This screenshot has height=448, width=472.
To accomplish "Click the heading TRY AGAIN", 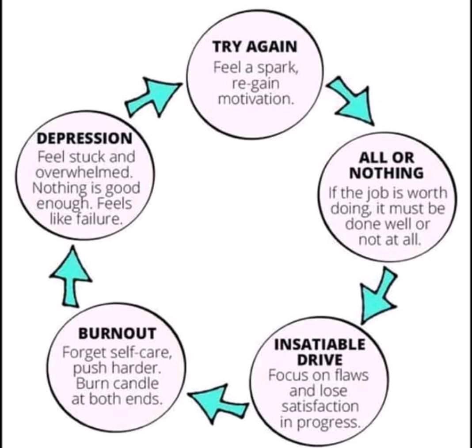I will click(x=255, y=47).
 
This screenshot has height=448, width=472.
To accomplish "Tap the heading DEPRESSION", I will click(x=84, y=138).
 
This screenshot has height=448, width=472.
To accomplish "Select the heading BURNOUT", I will click(x=117, y=333).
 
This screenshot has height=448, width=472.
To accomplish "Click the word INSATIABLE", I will click(x=320, y=344).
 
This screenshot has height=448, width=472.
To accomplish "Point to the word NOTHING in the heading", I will click(x=386, y=173).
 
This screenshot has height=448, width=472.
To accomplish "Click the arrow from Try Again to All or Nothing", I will click(x=350, y=101).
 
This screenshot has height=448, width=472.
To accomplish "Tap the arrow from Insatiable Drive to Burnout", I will click(x=219, y=400).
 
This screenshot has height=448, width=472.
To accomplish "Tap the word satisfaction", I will click(x=320, y=406).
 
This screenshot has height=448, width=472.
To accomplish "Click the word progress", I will click(x=329, y=422).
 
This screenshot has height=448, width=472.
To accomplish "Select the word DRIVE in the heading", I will click(x=320, y=359).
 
